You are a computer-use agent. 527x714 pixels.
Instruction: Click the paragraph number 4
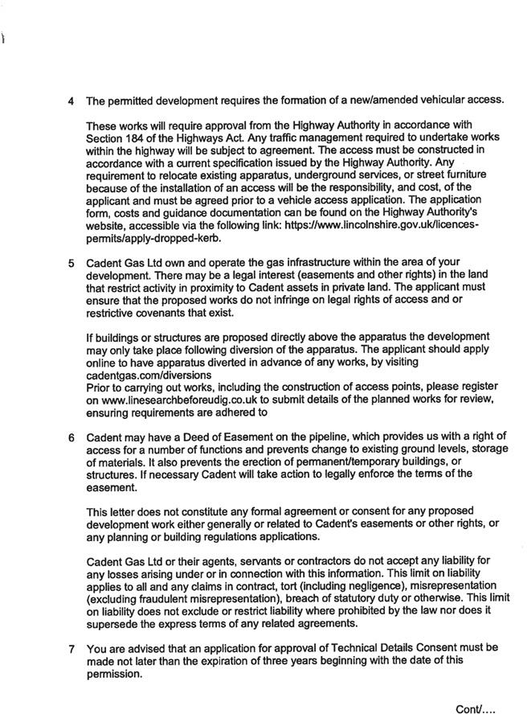[x=71, y=101]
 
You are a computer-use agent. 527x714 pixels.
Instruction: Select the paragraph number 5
[x=71, y=263]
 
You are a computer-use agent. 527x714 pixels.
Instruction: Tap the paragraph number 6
[x=71, y=438]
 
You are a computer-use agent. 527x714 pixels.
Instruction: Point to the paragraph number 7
[x=71, y=647]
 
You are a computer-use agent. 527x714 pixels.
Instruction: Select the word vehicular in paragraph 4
[x=443, y=101]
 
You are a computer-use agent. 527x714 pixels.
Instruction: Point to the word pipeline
[x=349, y=438]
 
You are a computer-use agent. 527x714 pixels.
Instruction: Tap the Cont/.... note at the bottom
[x=476, y=709]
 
